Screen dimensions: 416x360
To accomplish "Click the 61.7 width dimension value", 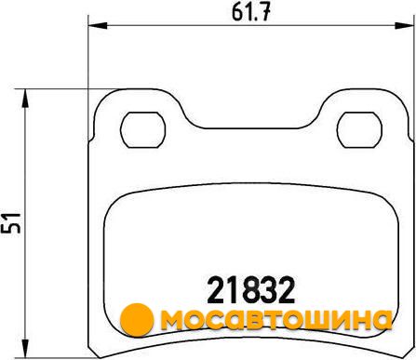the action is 251,12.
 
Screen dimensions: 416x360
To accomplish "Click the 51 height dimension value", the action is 11,223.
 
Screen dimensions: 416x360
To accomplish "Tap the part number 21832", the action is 250,290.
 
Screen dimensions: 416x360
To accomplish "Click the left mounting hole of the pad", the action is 142,130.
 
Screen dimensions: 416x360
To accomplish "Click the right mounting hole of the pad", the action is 359,130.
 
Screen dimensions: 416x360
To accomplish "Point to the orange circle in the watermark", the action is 137,320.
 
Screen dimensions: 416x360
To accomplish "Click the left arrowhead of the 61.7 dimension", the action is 98,25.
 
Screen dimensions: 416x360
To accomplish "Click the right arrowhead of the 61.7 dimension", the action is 404,25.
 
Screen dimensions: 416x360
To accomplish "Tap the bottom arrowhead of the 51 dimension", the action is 25,349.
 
